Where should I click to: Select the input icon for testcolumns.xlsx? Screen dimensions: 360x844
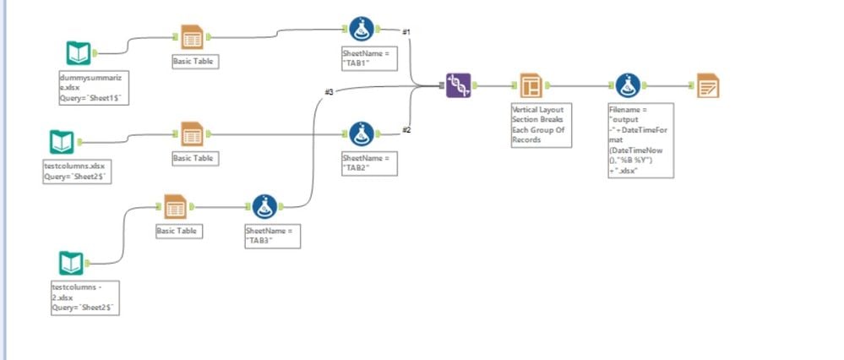pyautogui.click(x=62, y=140)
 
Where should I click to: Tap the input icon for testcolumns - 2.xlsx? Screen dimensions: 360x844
pyautogui.click(x=72, y=263)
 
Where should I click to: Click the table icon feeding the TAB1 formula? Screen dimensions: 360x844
pyautogui.click(x=192, y=37)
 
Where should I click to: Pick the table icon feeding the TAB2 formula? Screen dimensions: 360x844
pyautogui.click(x=192, y=134)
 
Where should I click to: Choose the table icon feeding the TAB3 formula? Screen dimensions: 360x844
pyautogui.click(x=175, y=206)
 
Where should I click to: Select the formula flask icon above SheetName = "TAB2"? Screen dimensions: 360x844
pyautogui.click(x=362, y=134)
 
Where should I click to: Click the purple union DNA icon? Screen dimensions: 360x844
pyautogui.click(x=458, y=85)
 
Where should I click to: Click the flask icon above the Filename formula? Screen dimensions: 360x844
pyautogui.click(x=626, y=85)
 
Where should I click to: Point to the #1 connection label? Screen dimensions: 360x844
pyautogui.click(x=406, y=31)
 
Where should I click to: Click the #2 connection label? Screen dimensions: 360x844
pyautogui.click(x=406, y=129)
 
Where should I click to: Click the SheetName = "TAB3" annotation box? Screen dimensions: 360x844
pyautogui.click(x=271, y=235)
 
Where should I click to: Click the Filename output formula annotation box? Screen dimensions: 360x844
pyautogui.click(x=640, y=140)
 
